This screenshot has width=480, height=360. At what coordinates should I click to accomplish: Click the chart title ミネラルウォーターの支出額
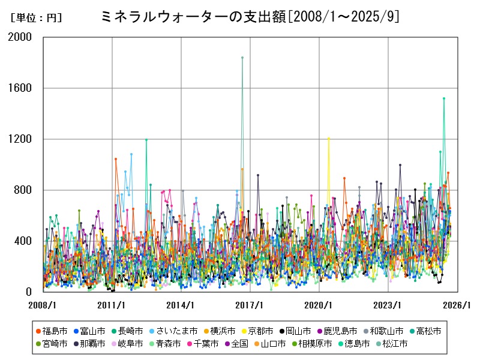(x=251, y=17)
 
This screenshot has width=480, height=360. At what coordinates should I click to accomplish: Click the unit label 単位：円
(x=36, y=18)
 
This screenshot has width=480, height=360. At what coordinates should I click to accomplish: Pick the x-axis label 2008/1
(x=43, y=305)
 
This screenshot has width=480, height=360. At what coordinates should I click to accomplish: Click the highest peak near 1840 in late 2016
(x=242, y=58)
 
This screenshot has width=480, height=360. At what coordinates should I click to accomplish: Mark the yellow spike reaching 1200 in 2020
(x=329, y=138)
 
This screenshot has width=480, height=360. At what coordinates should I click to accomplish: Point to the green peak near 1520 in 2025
(x=444, y=98)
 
